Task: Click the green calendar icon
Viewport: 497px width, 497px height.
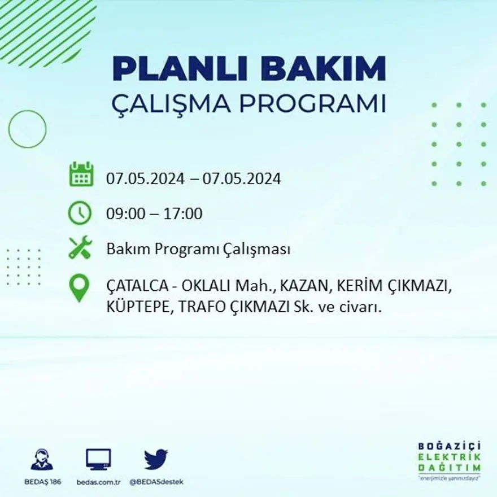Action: [x=81, y=175]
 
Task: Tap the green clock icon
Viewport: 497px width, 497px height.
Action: [x=80, y=213]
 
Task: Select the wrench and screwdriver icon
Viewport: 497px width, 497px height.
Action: [x=80, y=248]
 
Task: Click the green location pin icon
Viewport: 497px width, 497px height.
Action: [x=80, y=287]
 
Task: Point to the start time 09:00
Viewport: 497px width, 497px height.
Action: [x=124, y=214]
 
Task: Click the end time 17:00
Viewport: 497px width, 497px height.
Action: [x=183, y=214]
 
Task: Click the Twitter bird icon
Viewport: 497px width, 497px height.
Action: [x=156, y=459]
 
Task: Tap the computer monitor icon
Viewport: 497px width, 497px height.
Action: [x=98, y=459]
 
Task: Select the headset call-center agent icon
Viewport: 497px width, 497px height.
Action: [x=42, y=459]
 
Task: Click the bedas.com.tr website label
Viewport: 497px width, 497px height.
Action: [x=98, y=482]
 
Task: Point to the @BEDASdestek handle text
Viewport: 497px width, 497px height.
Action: [x=156, y=482]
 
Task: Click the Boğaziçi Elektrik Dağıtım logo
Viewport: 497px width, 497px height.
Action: [x=450, y=459]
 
